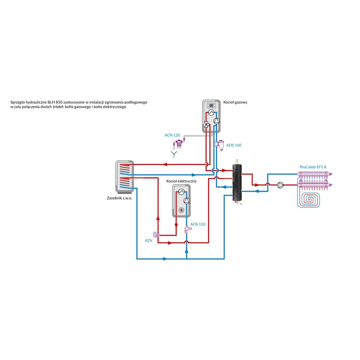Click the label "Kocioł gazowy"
(235, 102)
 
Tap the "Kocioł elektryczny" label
(181, 181)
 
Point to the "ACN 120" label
(172, 135)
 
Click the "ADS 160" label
(234, 145)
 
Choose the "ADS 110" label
(198, 224)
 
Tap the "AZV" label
(148, 240)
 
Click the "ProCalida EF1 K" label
(313, 167)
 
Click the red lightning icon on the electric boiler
(181, 210)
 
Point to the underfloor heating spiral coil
(309, 198)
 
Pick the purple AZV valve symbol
(156, 234)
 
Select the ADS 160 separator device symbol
(219, 145)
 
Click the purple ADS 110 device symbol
(187, 228)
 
